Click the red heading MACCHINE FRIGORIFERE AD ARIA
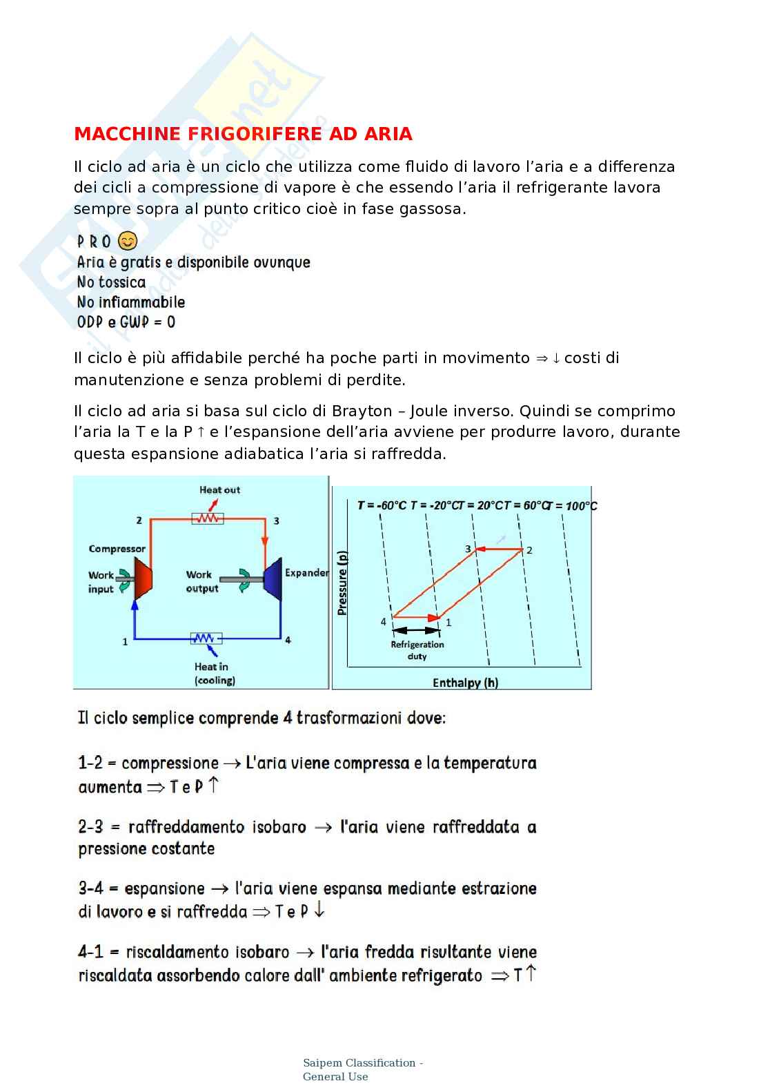[243, 134]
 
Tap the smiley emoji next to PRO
[128, 241]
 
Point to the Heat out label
[219, 490]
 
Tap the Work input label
[101, 582]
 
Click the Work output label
[201, 581]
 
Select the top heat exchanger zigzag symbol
[208, 518]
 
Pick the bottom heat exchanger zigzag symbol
[206, 639]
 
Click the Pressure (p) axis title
[342, 583]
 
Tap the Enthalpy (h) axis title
[465, 683]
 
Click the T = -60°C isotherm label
[382, 505]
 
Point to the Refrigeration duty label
[417, 650]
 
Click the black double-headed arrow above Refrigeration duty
[416, 630]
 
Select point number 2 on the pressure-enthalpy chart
[529, 550]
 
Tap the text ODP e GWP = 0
[126, 322]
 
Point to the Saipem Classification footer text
[362, 1069]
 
